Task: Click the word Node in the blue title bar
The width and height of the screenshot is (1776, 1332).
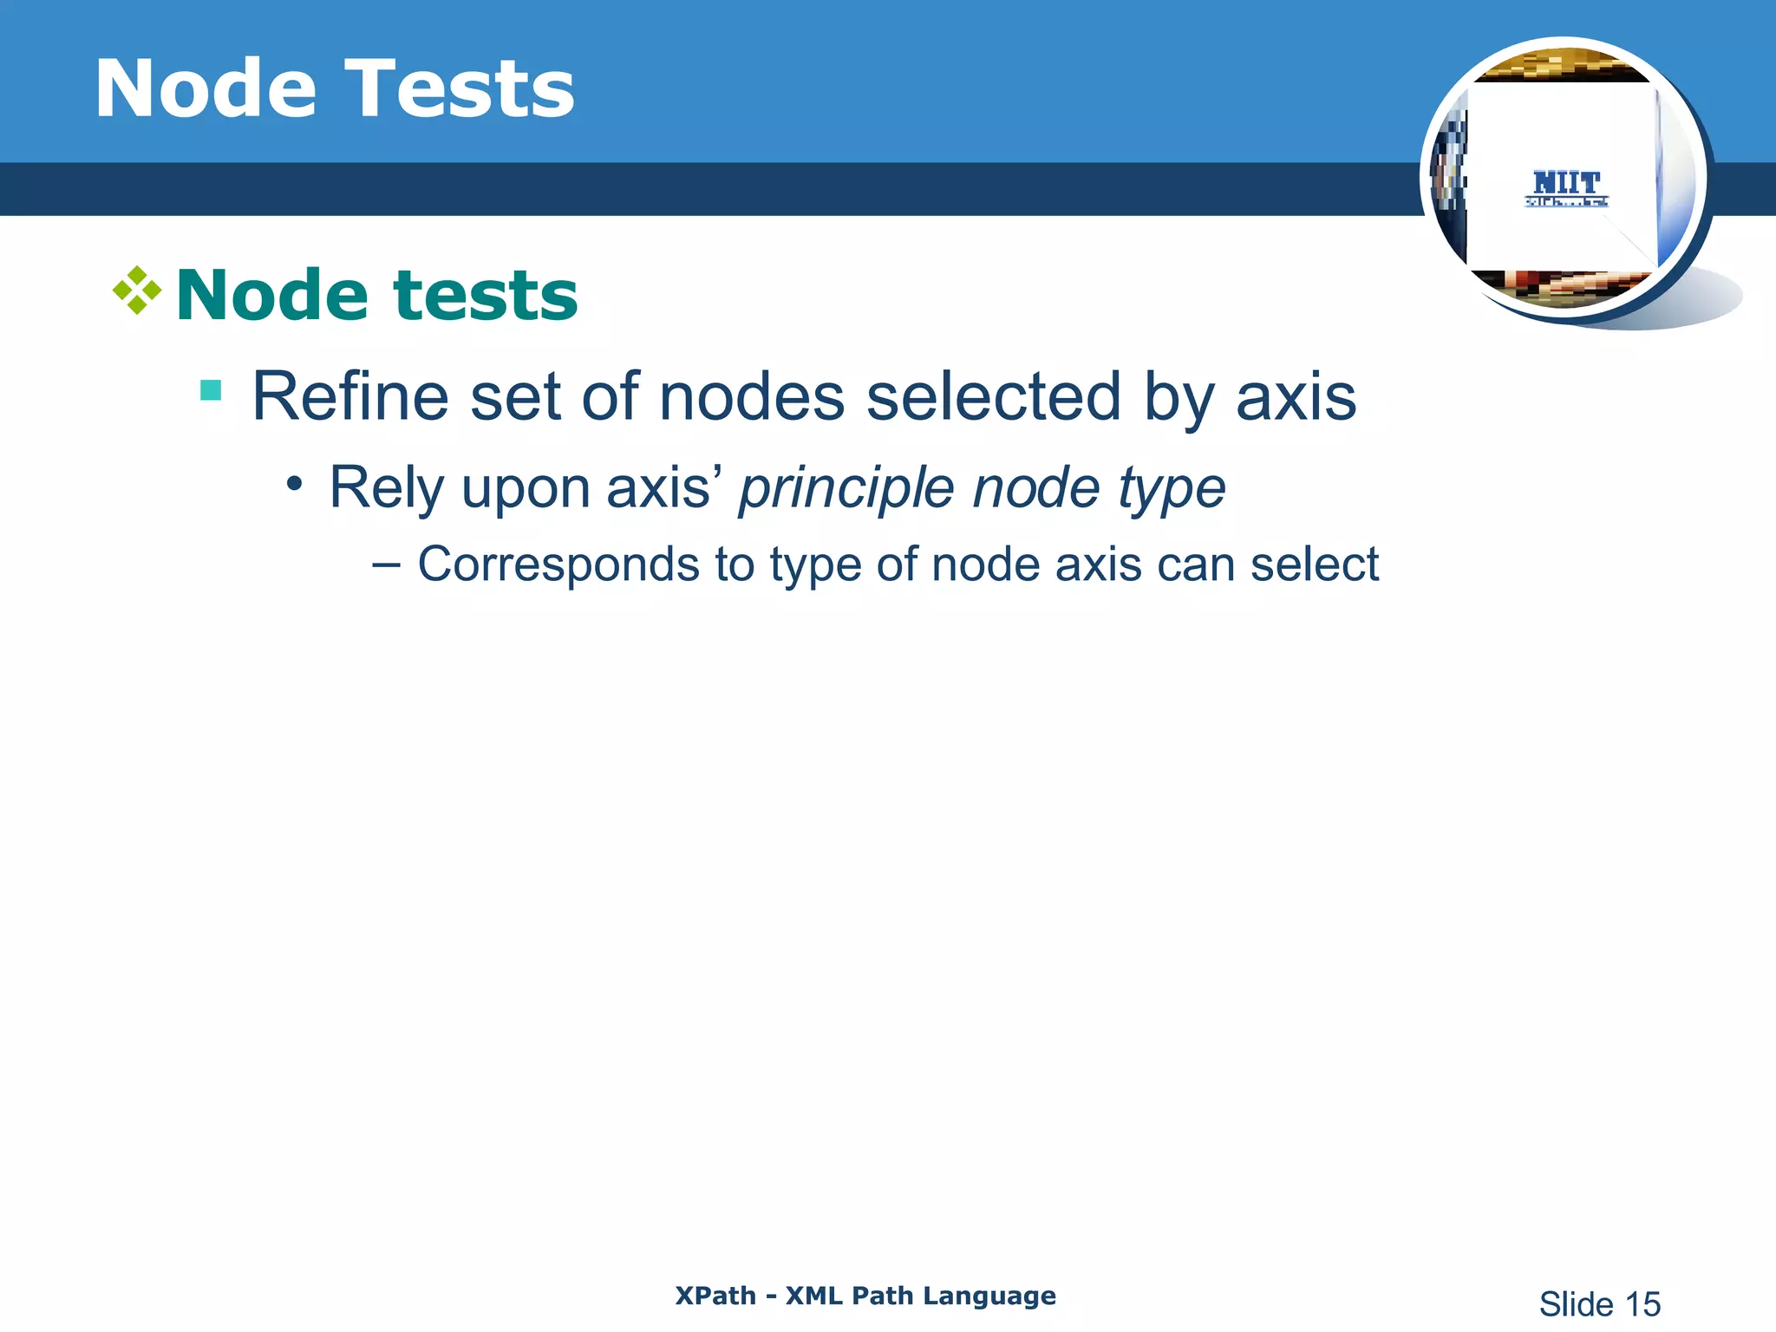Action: click(206, 88)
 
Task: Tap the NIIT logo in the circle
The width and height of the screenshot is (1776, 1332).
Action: click(1566, 187)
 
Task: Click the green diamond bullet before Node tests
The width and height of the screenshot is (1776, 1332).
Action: click(137, 291)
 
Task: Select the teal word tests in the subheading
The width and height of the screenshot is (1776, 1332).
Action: click(486, 296)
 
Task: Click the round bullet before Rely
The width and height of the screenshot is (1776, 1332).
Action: click(295, 483)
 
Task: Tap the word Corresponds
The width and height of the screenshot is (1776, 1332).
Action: click(558, 565)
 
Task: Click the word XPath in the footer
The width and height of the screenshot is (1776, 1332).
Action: click(715, 1296)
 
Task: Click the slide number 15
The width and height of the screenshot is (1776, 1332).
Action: click(1642, 1304)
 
